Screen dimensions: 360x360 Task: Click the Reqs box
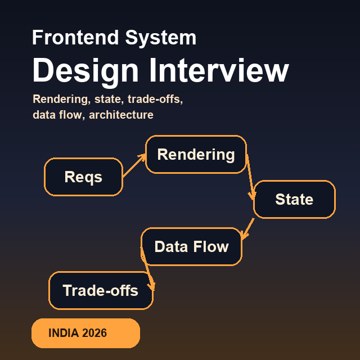click(83, 177)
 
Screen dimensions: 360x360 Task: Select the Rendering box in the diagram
click(196, 155)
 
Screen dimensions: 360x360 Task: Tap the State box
click(294, 199)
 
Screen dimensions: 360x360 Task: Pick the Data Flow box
click(191, 246)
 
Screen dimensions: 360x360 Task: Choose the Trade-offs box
click(101, 291)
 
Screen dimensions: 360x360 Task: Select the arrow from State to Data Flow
click(247, 227)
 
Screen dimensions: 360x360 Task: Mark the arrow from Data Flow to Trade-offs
click(147, 269)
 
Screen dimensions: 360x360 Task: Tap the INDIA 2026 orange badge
click(85, 333)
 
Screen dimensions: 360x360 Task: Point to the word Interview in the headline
click(219, 71)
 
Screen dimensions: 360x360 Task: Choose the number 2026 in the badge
click(94, 333)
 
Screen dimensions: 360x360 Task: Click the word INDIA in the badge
click(64, 333)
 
